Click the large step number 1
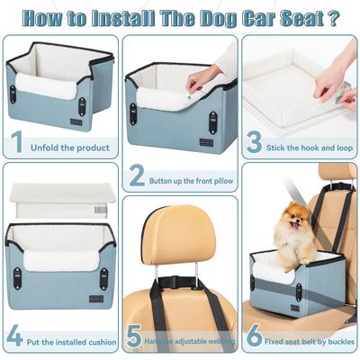tap(16, 143)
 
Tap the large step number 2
tap(137, 175)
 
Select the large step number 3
tap(255, 143)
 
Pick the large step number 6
tap(255, 337)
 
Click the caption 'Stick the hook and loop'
tap(309, 144)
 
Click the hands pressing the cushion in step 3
tap(333, 81)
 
